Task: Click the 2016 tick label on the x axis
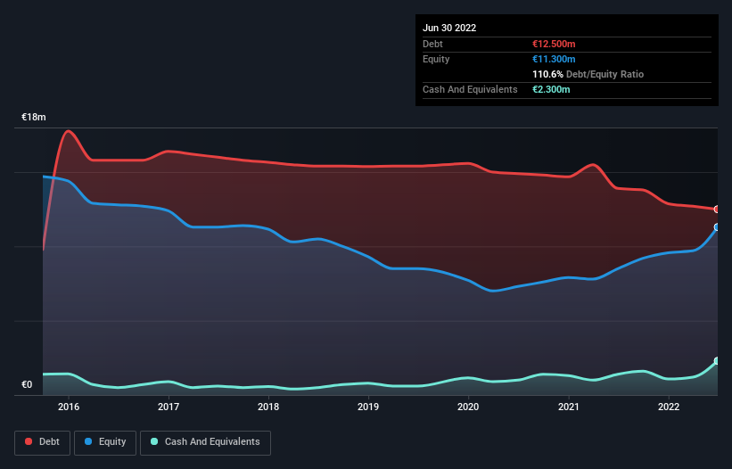coord(69,407)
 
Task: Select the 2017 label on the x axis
coord(169,407)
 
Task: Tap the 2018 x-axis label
coord(268,407)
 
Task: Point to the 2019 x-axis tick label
coord(368,407)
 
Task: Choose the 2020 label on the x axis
coord(468,407)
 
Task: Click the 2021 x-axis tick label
coord(568,407)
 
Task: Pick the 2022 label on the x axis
coord(668,407)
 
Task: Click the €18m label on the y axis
coord(34,118)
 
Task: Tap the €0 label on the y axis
coord(27,385)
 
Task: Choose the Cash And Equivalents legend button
coord(205,442)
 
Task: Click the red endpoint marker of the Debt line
coord(717,210)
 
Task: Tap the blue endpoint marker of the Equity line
coord(717,227)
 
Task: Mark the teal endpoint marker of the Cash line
coord(717,361)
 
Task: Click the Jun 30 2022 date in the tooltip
coord(449,28)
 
